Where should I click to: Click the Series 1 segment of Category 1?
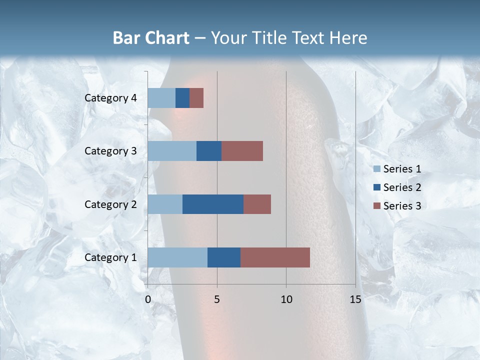click(177, 257)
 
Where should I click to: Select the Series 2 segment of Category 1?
click(224, 257)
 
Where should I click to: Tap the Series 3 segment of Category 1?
click(275, 257)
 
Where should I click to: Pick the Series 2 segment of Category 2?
click(213, 204)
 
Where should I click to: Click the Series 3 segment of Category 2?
click(257, 204)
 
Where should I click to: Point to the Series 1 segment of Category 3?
click(172, 151)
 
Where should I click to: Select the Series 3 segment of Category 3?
click(242, 151)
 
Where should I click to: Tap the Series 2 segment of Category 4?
click(182, 98)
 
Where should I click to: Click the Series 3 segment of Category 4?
click(196, 98)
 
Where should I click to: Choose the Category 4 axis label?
click(110, 98)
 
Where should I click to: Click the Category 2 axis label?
click(110, 204)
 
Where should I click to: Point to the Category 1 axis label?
click(110, 257)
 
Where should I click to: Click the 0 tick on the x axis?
click(148, 299)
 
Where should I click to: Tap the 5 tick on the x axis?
click(217, 299)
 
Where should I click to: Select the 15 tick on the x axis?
click(355, 299)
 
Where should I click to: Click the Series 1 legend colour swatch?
click(377, 169)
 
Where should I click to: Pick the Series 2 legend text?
click(402, 187)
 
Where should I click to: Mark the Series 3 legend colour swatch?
click(377, 205)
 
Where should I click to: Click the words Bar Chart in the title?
click(151, 38)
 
